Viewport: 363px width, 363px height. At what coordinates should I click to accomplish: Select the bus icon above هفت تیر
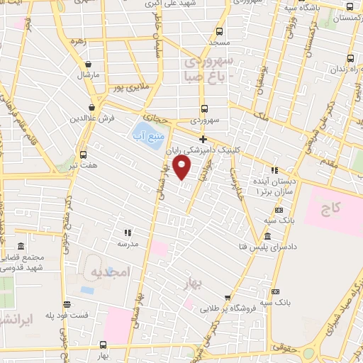click(x=84, y=154)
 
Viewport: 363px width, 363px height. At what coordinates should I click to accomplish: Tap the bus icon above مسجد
click(x=220, y=31)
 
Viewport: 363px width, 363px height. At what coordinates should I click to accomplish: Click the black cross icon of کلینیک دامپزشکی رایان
click(x=203, y=139)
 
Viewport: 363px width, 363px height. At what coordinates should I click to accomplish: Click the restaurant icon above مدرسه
click(x=128, y=233)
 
